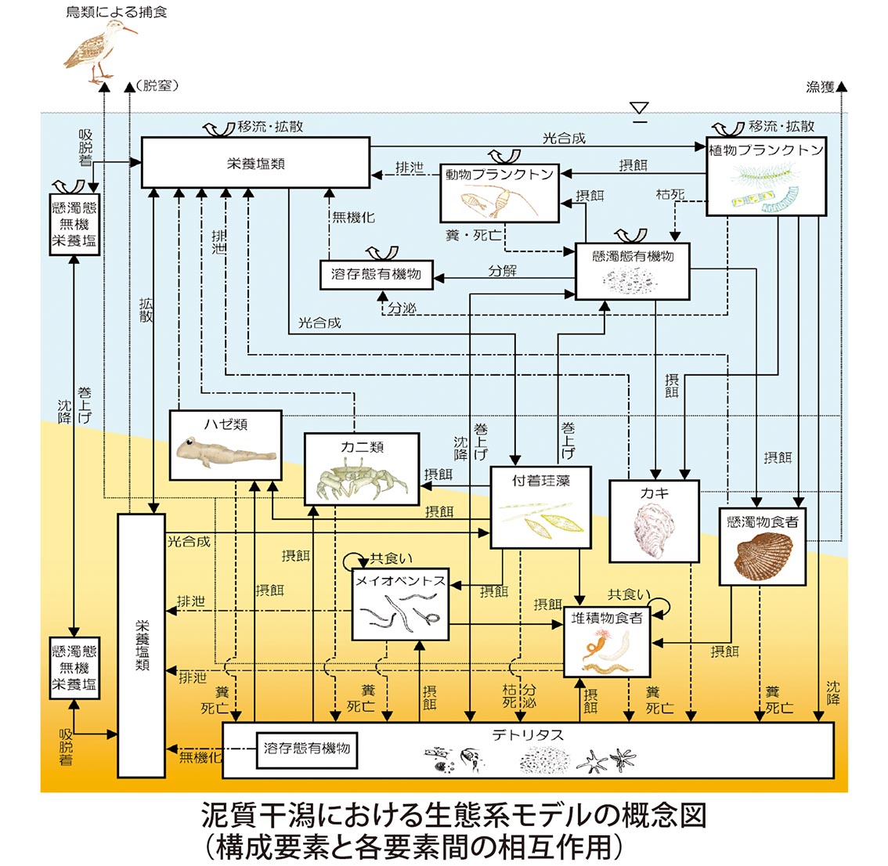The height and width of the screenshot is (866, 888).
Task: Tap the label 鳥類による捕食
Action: (117, 12)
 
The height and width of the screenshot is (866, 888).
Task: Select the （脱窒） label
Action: (157, 86)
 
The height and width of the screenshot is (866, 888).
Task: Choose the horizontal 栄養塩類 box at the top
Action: (255, 163)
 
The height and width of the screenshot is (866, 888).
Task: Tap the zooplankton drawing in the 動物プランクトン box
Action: (496, 203)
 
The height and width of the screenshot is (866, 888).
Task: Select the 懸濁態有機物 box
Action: (633, 271)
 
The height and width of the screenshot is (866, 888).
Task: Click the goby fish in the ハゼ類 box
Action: (223, 453)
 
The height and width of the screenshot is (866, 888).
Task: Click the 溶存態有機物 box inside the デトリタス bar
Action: (306, 749)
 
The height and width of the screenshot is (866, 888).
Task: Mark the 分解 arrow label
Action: (502, 271)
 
